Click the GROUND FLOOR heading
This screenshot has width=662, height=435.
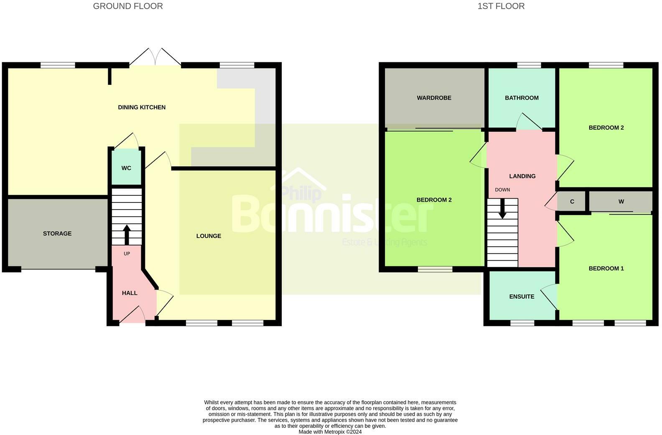point(128,6)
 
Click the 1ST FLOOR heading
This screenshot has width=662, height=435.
point(501,6)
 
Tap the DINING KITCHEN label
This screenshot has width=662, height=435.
point(142,107)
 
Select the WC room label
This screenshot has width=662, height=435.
point(126,168)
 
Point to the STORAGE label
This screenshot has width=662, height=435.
point(57,233)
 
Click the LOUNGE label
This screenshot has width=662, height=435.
point(209,236)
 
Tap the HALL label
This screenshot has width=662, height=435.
point(130,293)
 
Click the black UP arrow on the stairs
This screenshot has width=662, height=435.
point(127,234)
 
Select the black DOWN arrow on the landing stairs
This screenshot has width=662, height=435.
point(502,208)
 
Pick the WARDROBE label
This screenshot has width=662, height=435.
point(434,98)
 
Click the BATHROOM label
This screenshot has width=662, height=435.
point(522,98)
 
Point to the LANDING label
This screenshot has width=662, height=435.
point(522,176)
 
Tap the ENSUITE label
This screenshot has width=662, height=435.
point(522,297)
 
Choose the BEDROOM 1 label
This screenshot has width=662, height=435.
point(606,269)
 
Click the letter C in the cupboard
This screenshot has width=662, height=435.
point(572,202)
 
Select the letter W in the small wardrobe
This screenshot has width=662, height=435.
point(621,202)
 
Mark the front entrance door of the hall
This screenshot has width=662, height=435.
point(132,317)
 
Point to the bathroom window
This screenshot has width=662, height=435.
point(529,65)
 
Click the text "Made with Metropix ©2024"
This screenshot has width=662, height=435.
point(330,432)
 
